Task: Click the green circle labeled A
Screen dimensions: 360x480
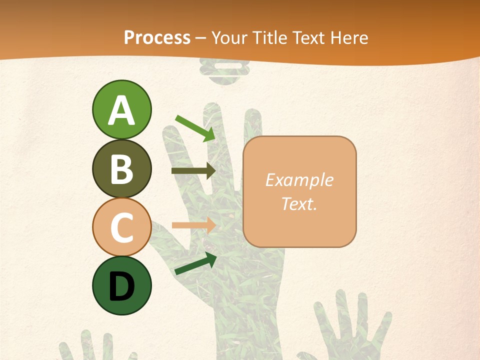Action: click(x=121, y=109)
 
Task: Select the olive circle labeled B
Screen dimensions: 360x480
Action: click(x=121, y=168)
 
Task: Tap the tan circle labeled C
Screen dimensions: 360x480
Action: click(x=121, y=227)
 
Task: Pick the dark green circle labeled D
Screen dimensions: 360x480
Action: click(x=121, y=285)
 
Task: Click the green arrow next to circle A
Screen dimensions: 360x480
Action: click(x=195, y=128)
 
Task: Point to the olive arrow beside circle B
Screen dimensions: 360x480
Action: click(x=193, y=171)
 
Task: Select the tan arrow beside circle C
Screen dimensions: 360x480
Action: click(x=193, y=225)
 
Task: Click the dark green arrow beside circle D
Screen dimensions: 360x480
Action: click(x=195, y=264)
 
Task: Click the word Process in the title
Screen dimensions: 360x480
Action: click(x=157, y=37)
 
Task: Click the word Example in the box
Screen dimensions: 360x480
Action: click(x=299, y=180)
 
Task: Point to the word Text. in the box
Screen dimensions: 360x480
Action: click(x=299, y=203)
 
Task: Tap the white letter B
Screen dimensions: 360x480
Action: click(x=121, y=168)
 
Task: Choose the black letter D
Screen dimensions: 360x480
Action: click(x=121, y=286)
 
